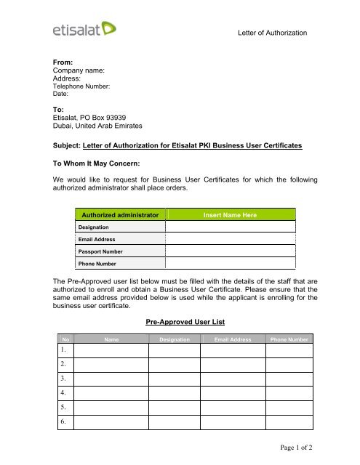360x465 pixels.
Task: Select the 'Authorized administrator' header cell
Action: point(120,214)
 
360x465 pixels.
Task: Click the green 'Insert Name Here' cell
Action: point(232,214)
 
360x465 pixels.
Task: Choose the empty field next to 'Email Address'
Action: point(232,238)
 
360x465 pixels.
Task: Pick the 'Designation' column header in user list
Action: point(175,339)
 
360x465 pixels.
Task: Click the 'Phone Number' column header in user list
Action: point(289,339)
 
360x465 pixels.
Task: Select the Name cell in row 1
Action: point(112,349)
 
